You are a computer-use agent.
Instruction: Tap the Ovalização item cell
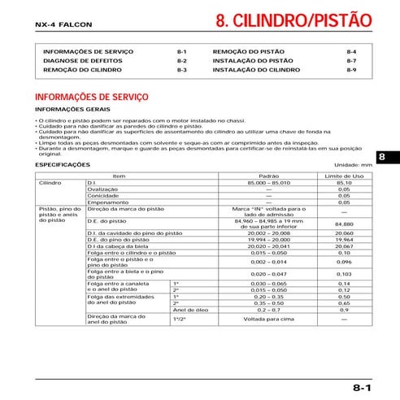(102, 189)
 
